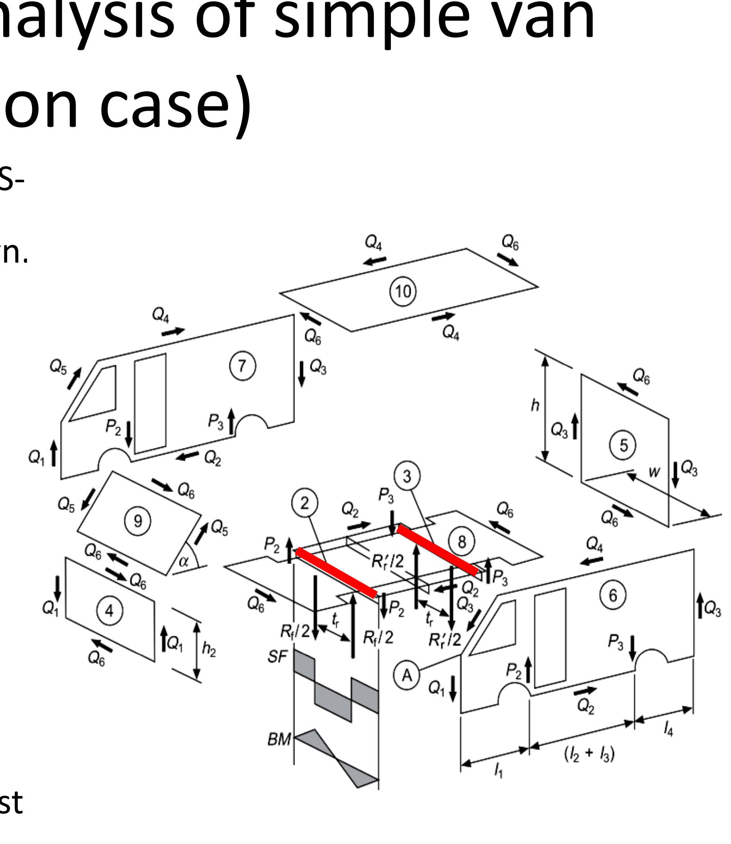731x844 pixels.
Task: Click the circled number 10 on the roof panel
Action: tap(403, 292)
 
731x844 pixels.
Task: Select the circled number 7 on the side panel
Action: tap(242, 366)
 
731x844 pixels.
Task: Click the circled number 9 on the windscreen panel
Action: tap(138, 521)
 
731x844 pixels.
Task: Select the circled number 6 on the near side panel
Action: tap(613, 595)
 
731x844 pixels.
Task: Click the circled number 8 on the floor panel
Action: tap(462, 542)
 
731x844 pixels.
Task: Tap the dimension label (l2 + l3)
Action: tap(589, 754)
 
